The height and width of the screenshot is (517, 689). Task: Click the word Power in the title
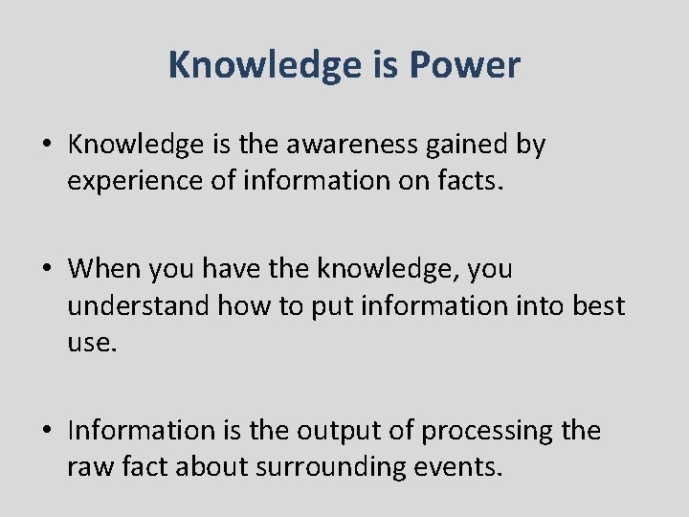pos(465,65)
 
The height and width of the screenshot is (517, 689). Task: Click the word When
pos(103,269)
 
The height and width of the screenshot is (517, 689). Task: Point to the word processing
pos(488,432)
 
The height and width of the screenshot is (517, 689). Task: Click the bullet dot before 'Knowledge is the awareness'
pos(47,146)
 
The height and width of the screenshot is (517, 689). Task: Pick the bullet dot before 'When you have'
pos(47,270)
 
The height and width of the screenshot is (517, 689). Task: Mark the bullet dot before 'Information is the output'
pos(47,432)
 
